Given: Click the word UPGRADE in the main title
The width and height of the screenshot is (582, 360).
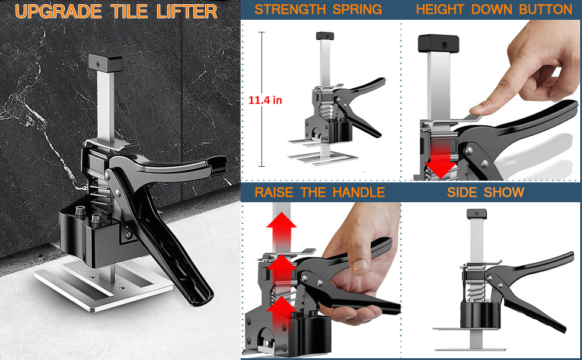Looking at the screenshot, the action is pos(58,11).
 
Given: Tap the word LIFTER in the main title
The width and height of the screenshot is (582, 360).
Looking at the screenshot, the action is pos(187,11).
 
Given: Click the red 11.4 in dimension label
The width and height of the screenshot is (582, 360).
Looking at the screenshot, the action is pos(265,100).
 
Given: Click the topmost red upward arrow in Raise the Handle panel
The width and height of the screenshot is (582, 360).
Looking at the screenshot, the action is pos(283,231).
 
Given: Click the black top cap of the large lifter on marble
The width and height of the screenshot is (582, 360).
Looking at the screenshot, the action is pos(106,63).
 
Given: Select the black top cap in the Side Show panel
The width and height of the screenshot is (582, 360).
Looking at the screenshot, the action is pos(476,214).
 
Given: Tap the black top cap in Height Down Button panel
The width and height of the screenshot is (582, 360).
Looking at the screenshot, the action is pos(439,43).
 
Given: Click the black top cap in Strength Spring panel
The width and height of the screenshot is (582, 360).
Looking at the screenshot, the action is pos(325,36).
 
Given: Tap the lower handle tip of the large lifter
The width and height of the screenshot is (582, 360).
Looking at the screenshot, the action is pos(200,297).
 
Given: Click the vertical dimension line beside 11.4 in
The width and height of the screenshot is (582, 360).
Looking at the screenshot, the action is pos(262,99).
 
